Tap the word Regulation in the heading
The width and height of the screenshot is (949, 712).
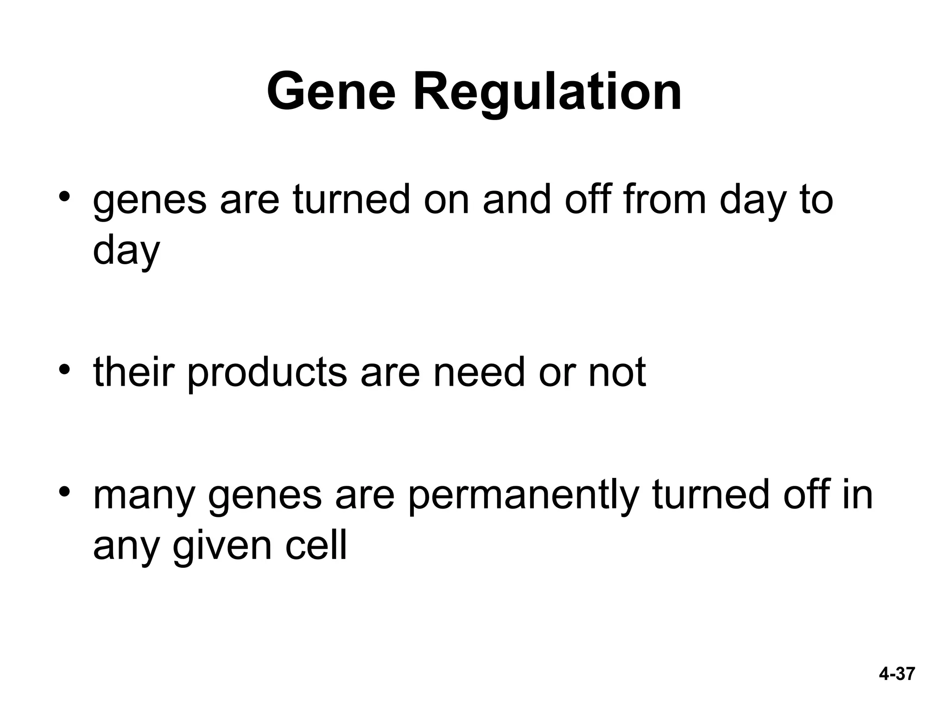click(547, 93)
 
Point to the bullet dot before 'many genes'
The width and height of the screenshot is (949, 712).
click(64, 491)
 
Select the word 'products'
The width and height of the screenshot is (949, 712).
click(267, 373)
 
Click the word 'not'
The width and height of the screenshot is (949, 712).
click(617, 373)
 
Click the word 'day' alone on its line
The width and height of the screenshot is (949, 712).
click(126, 251)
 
